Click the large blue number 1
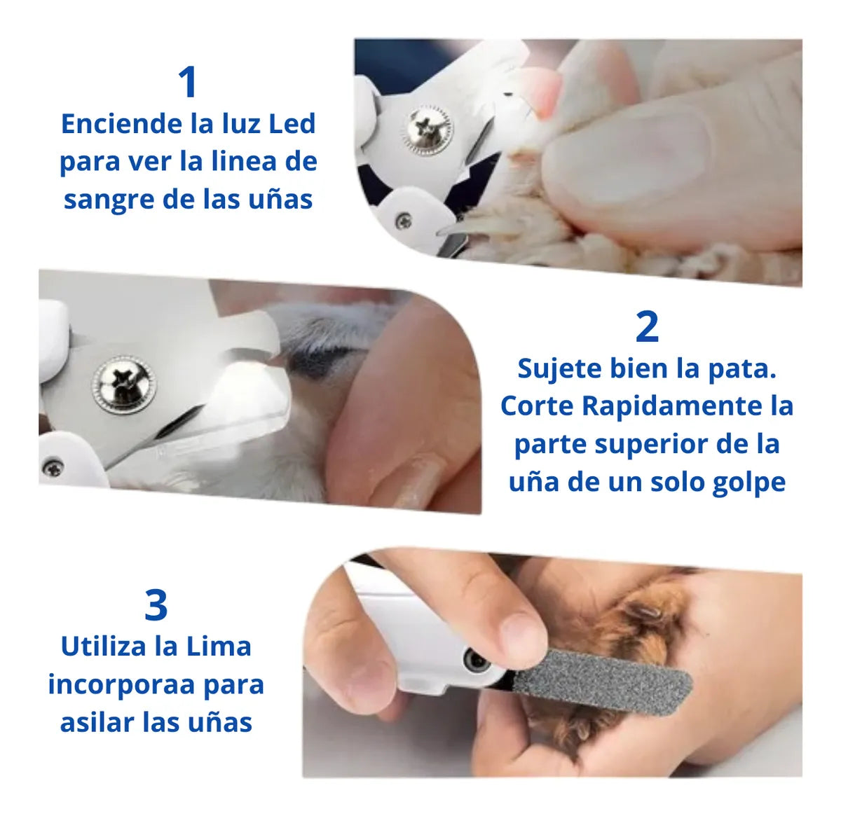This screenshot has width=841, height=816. (x=189, y=82)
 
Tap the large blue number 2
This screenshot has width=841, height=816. (x=647, y=327)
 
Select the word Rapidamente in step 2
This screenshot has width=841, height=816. (x=672, y=407)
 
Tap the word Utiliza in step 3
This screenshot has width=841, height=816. (x=104, y=646)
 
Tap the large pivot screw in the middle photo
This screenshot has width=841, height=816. (x=124, y=384)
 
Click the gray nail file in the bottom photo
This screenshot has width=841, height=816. (x=601, y=679)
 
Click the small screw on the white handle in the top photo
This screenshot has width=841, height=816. (x=404, y=221)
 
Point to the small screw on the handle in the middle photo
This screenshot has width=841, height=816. (x=53, y=467)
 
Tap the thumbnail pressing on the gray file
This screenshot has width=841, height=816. (x=521, y=634)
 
